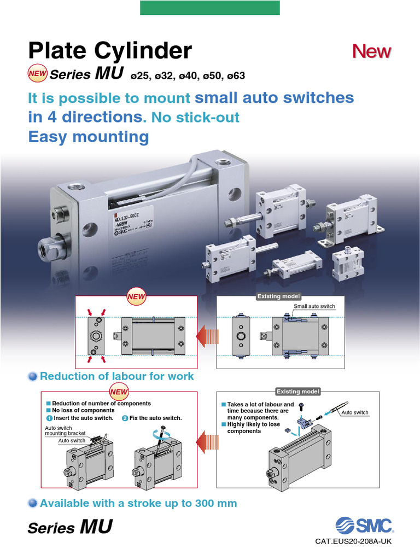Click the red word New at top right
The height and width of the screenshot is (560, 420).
tap(372, 51)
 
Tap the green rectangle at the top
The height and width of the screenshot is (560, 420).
tap(210, 8)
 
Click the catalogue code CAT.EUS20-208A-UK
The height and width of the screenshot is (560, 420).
tap(353, 541)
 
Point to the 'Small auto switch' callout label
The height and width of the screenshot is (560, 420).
tap(314, 306)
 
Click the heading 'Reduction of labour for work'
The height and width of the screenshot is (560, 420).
tap(116, 376)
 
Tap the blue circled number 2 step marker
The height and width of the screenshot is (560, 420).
tap(125, 418)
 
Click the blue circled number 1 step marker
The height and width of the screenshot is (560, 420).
tap(50, 418)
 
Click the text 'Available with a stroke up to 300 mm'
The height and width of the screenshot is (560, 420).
tap(138, 503)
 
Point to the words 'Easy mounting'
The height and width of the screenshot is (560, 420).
tap(89, 136)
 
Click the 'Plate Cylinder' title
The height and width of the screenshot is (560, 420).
tap(110, 51)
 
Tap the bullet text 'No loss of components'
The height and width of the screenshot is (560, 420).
tap(83, 410)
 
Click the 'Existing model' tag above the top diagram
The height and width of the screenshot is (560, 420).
tap(279, 296)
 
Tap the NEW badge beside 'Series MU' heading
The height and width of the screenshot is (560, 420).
tap(37, 73)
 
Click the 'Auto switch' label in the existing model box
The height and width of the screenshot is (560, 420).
tap(355, 412)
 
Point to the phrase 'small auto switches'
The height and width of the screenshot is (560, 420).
tap(275, 98)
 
